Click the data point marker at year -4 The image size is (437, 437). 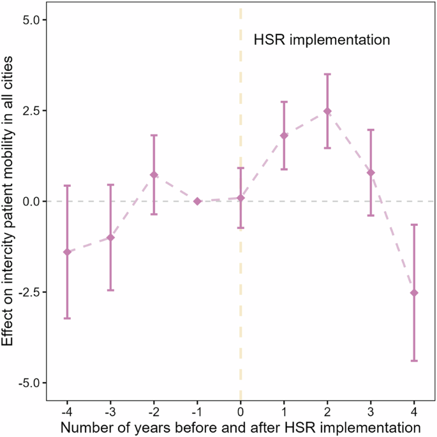tap(67, 252)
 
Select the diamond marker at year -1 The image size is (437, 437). tap(197, 201)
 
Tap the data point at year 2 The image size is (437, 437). tap(327, 111)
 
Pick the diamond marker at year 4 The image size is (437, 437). tap(414, 293)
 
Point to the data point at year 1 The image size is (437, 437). tap(284, 135)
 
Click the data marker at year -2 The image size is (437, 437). tap(154, 175)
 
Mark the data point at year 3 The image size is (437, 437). tap(371, 173)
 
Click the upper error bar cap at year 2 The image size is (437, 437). tap(327, 74)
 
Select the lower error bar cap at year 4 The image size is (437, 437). tap(414, 361)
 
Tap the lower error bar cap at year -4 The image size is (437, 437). tap(67, 318)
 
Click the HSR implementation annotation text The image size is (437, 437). tap(322, 40)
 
